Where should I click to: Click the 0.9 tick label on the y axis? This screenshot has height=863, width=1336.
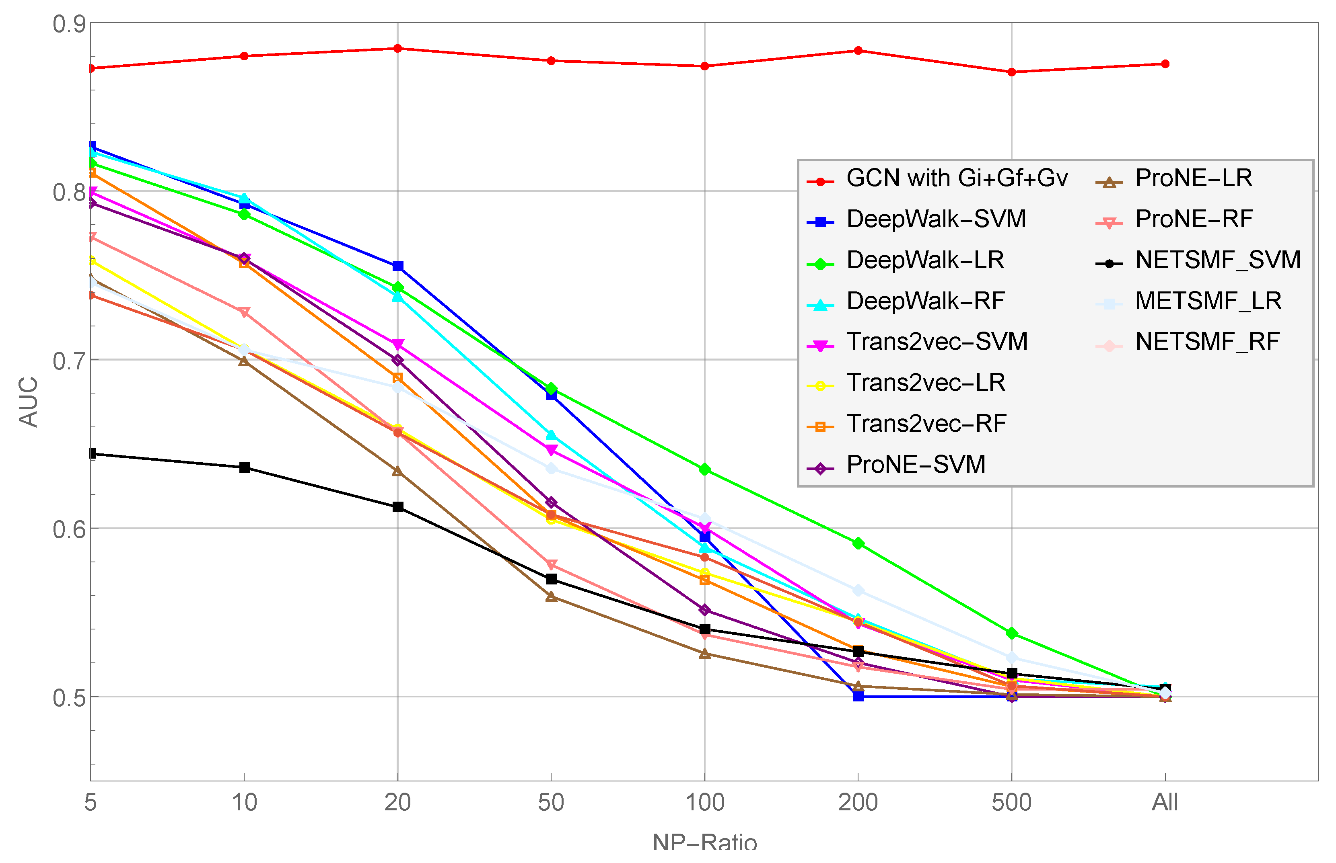point(69,24)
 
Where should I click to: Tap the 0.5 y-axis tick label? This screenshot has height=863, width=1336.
point(69,698)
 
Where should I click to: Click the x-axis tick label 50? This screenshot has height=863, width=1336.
point(551,802)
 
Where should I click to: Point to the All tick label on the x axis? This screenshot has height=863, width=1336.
point(1165,802)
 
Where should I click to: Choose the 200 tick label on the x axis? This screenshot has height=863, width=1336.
point(858,802)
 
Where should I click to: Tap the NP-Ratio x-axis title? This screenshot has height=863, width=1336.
point(704,842)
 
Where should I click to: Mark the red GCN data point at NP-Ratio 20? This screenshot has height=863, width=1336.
point(397,48)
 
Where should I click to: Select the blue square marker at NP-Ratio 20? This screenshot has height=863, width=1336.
point(397,266)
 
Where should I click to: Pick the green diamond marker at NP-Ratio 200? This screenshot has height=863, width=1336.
point(858,543)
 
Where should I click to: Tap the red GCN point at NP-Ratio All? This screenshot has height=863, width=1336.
point(1165,64)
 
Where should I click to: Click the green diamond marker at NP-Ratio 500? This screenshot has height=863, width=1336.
point(1012,633)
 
